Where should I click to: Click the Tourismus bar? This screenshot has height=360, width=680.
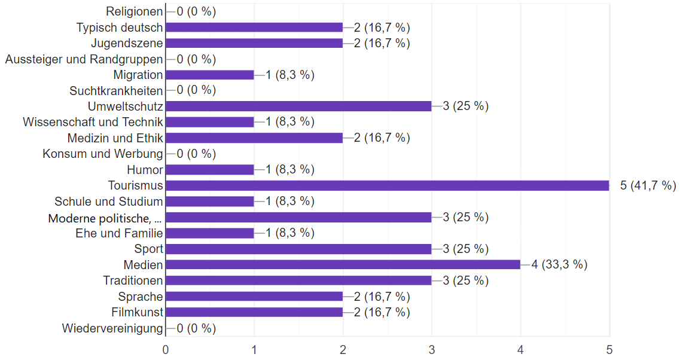click(388, 185)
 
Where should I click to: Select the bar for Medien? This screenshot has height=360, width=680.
click(343, 264)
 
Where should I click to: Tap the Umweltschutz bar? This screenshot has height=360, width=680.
click(298, 106)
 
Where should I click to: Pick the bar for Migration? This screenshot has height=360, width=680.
click(210, 75)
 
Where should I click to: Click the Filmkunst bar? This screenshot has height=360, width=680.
click(254, 312)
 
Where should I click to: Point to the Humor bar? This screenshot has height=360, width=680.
click(210, 170)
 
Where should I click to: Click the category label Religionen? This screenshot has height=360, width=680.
click(135, 12)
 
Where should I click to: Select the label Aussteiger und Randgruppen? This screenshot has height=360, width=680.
click(84, 59)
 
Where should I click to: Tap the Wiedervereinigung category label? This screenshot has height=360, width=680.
click(112, 328)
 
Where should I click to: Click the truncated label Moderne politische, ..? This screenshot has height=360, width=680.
click(105, 218)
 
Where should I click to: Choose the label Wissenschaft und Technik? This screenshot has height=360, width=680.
click(93, 123)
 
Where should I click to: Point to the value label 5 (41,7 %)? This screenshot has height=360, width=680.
click(648, 185)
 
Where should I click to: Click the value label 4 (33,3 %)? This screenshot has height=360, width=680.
click(559, 264)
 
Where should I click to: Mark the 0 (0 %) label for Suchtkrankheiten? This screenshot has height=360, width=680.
click(196, 90)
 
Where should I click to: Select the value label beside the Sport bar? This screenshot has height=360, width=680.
click(466, 249)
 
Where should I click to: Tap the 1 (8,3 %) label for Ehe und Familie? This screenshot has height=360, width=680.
click(290, 233)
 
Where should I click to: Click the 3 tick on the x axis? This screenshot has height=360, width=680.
click(432, 350)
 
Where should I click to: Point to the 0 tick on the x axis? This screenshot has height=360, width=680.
click(166, 350)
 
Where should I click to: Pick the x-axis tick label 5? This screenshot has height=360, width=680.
click(609, 350)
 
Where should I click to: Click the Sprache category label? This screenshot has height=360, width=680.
click(141, 297)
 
